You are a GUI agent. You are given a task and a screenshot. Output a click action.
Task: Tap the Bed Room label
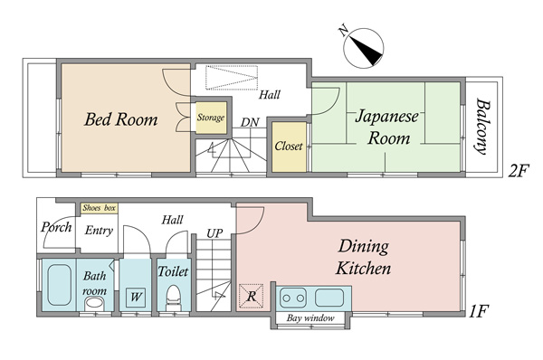tap(121, 119)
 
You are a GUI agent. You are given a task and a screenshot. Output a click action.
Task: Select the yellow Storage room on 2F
tap(211, 118)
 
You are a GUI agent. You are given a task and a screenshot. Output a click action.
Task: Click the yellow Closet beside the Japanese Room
tap(289, 147)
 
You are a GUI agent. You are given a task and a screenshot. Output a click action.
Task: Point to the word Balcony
tap(482, 127)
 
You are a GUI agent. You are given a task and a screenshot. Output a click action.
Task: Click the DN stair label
tap(250, 122)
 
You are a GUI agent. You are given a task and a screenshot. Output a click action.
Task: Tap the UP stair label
tap(214, 233)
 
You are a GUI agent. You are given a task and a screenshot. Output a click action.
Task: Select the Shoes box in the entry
tap(99, 208)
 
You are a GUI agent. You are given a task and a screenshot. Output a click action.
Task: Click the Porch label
tap(56, 227)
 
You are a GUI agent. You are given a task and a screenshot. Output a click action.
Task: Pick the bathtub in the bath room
tap(59, 285)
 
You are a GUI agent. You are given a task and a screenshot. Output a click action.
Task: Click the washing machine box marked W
tap(136, 298)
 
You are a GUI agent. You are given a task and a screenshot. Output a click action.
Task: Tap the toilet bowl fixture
tap(173, 298)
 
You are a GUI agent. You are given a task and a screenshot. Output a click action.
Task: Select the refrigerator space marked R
tap(252, 296)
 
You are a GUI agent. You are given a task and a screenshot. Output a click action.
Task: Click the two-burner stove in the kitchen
tap(293, 298)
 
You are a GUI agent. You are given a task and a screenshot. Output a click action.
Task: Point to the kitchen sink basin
tap(329, 298)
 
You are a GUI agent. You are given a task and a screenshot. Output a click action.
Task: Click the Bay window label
tap(310, 317)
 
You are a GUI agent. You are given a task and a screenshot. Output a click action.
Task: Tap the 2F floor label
tap(519, 171)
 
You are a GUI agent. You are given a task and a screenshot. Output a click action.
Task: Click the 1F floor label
tap(479, 311)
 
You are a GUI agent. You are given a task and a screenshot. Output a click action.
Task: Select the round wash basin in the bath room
tap(94, 304)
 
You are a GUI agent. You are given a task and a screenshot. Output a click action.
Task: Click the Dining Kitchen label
tap(363, 258)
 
